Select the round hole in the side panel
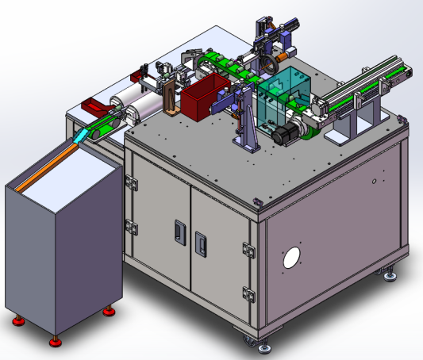click(292, 258)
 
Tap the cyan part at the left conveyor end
click(82, 137)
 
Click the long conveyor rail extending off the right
click(369, 83)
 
